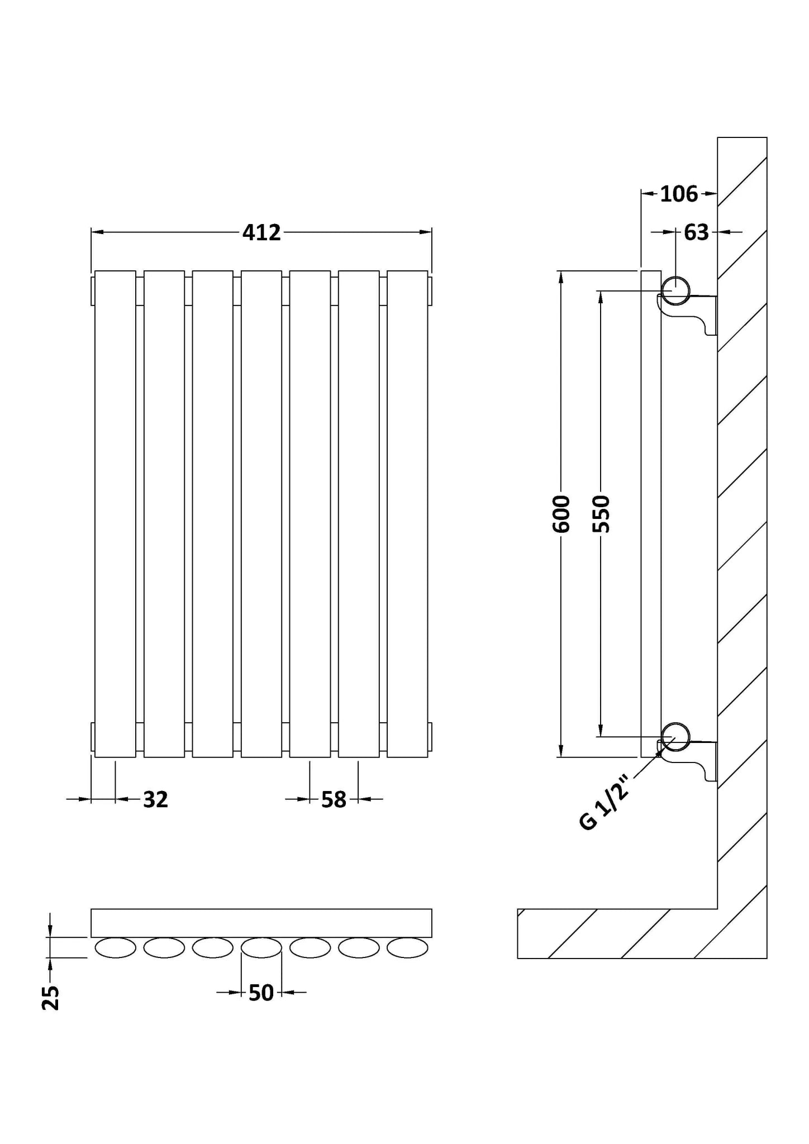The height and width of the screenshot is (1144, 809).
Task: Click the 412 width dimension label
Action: (x=261, y=232)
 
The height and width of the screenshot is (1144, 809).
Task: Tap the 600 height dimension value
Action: (x=561, y=514)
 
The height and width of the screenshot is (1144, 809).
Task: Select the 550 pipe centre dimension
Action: (x=601, y=514)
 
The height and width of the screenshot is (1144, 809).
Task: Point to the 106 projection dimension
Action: (x=679, y=194)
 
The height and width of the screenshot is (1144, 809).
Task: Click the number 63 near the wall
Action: (x=696, y=232)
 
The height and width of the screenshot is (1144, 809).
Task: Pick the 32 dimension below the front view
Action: (x=155, y=799)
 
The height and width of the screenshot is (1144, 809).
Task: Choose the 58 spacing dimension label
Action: (x=334, y=799)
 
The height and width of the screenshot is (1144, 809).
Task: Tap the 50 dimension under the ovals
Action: (x=261, y=993)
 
